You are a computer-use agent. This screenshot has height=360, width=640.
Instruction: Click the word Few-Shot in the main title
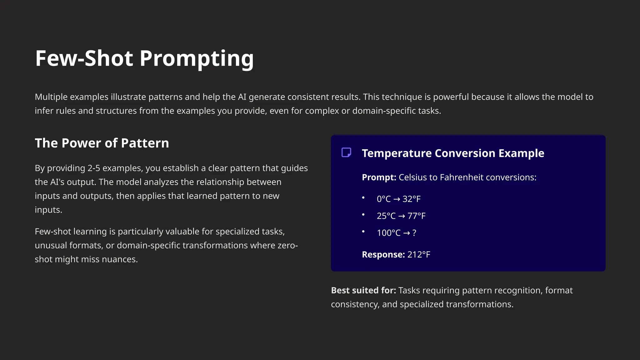(84, 59)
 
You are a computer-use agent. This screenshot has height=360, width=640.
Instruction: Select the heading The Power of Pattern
(102, 143)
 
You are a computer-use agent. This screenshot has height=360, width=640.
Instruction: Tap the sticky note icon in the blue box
(346, 152)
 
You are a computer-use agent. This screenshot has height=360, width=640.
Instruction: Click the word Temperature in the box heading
(397, 153)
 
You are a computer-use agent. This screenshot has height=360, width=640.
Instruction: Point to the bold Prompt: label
(379, 177)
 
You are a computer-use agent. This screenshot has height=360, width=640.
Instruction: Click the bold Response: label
(383, 255)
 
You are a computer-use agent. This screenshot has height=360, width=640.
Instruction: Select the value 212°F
(419, 255)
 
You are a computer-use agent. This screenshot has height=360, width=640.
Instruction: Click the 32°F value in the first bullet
(412, 199)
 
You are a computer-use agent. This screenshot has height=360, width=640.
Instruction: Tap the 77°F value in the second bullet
(417, 216)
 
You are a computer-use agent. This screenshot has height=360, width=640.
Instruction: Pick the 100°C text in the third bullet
(388, 233)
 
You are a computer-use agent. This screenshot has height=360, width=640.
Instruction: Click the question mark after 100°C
(414, 233)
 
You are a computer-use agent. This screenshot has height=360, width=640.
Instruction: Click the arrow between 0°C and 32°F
(397, 199)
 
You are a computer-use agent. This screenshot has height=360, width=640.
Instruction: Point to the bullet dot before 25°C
(363, 215)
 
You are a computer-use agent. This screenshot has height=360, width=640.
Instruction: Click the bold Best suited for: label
(363, 291)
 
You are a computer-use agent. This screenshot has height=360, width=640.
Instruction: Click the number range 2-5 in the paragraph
(94, 168)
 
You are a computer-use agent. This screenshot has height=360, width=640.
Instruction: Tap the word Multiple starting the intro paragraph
(51, 97)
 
